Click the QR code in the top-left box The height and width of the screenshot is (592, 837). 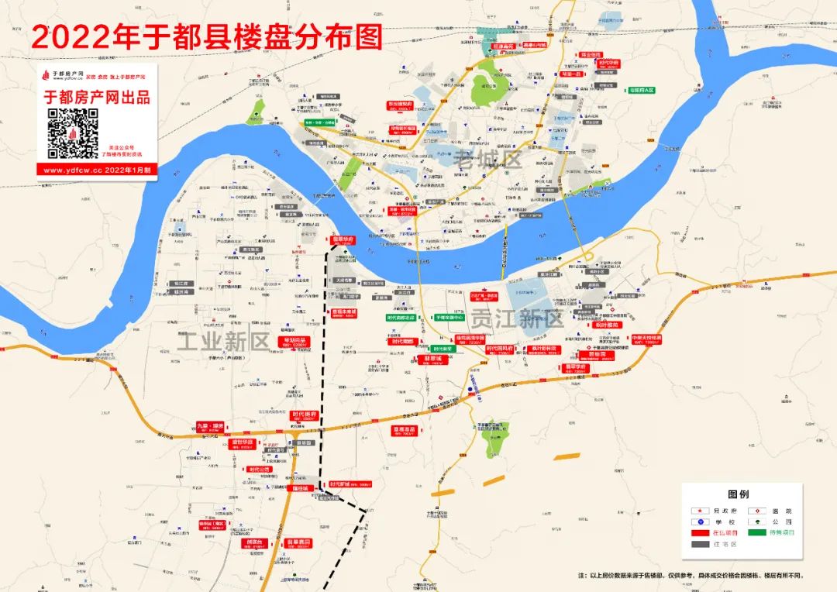pos(74,133)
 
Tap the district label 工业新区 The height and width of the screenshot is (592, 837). pos(222,341)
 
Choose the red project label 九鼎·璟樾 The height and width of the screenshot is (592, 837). pos(209,425)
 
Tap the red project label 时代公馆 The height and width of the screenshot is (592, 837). pos(260,469)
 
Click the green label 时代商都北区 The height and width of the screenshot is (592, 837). pos(401,318)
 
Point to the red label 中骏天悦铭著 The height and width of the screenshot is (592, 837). pos(646,339)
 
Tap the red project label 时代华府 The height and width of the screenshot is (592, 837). pos(608,62)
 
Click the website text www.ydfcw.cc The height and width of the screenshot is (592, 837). pos(72,170)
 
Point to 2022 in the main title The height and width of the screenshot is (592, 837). pos(63,37)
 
